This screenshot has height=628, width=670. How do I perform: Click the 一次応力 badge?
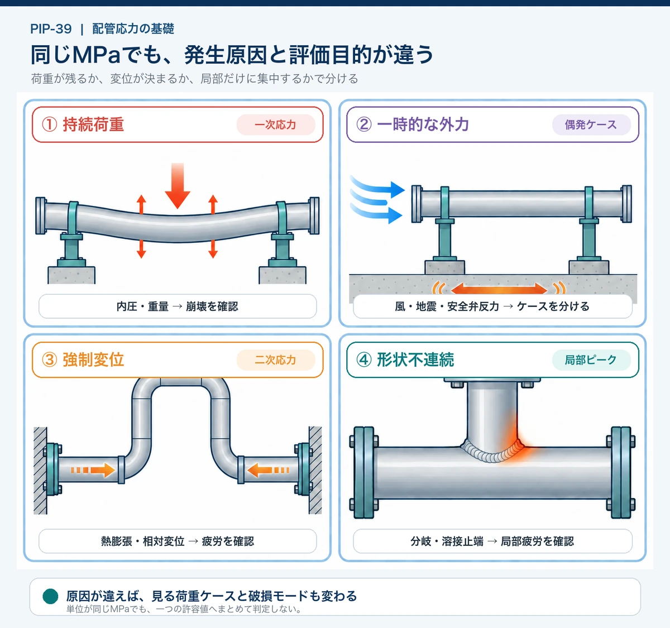[276, 125]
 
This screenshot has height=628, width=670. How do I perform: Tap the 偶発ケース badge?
[591, 125]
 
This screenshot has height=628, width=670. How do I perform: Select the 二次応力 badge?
[276, 360]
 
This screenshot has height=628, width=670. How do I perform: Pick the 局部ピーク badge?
[591, 360]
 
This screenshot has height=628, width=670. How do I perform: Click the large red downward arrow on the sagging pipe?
[178, 185]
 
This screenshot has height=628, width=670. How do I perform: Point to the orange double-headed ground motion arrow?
[499, 289]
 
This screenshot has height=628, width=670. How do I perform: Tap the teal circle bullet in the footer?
[51, 596]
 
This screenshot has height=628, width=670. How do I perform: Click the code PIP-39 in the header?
[51, 29]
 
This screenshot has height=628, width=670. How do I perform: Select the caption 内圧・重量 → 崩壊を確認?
[178, 306]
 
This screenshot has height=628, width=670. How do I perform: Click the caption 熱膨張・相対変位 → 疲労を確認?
[178, 541]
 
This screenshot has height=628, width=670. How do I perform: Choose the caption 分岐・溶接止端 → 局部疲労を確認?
[492, 541]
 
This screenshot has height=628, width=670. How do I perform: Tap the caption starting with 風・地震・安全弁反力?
[492, 306]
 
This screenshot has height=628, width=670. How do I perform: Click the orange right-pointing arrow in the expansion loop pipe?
[93, 470]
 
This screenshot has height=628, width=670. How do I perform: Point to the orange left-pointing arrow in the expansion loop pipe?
[268, 470]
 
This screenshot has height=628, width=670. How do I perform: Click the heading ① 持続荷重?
[83, 124]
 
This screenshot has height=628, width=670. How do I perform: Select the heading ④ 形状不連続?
[405, 359]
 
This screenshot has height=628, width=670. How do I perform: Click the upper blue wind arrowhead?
[398, 190]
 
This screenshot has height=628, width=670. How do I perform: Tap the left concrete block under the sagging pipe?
[71, 275]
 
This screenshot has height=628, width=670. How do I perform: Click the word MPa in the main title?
[97, 55]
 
